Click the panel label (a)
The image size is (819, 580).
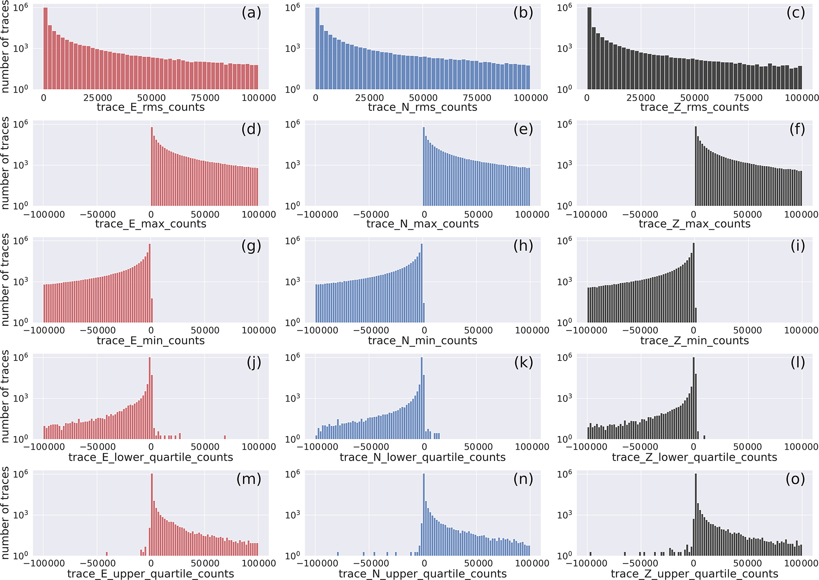[251, 13]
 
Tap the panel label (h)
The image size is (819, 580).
[523, 246]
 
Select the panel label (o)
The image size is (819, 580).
[795, 479]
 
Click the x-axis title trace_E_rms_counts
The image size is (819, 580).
[151, 107]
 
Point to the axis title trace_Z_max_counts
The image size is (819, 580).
[695, 224]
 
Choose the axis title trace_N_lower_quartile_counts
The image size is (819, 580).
[423, 457]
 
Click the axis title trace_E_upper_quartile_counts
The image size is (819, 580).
[151, 574]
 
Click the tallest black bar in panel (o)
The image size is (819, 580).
[696, 515]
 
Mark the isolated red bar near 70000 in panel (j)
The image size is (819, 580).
[225, 437]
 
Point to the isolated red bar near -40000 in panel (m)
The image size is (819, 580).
[107, 553]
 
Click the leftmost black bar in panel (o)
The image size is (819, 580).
[590, 553]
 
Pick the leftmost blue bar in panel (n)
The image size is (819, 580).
[338, 553]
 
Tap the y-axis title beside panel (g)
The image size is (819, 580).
[5, 279]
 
